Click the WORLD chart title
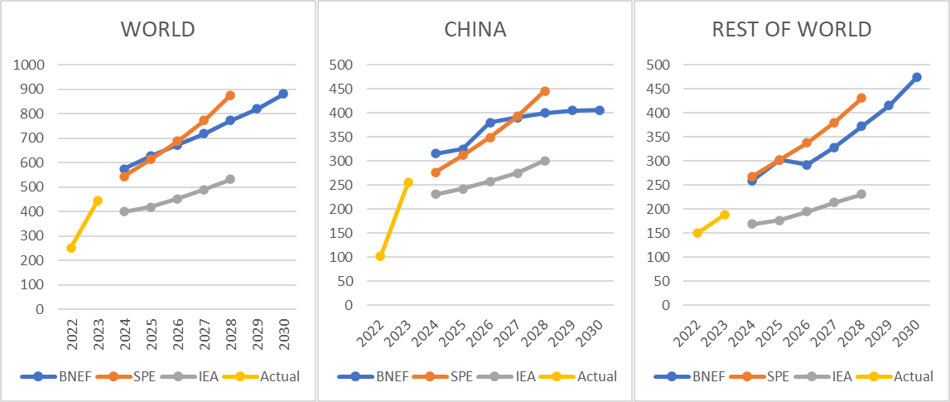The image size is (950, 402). pos(158,30)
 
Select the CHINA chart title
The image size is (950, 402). pos(475,30)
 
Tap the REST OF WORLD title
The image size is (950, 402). pos(792,30)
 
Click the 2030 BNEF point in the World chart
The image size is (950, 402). pos(283,94)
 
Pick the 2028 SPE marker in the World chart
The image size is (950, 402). pos(230,95)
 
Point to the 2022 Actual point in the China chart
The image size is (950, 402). pos(380,256)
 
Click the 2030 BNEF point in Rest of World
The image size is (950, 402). pos(917,77)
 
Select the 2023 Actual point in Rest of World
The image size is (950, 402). pos(725,215)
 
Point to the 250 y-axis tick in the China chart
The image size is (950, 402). pos(341,185)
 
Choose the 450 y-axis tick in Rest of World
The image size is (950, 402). pos(659,89)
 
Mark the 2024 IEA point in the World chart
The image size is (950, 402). pos(124,211)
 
